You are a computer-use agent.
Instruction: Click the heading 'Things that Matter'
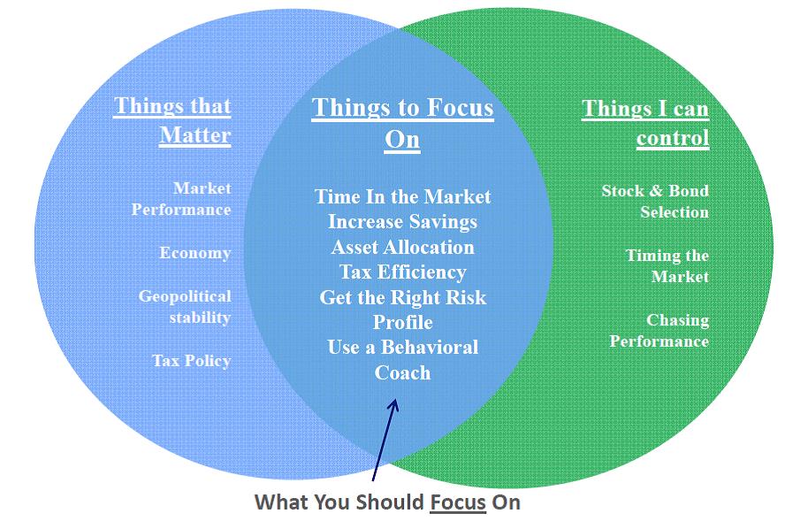(172, 120)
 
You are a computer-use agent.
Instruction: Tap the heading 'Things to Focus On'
(402, 123)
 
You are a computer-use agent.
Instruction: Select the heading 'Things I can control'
(645, 123)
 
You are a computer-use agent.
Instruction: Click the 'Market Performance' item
(181, 199)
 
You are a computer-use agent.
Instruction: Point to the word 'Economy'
(195, 253)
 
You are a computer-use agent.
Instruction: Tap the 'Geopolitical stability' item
(185, 307)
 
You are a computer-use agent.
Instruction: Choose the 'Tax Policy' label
(192, 361)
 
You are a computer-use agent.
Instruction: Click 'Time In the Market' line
(402, 196)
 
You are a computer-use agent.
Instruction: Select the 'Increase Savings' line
(402, 222)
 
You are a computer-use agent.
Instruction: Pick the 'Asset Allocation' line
(402, 247)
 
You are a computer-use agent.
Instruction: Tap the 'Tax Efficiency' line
(402, 272)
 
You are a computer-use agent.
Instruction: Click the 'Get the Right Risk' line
(402, 297)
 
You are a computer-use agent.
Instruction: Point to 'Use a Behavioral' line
(402, 347)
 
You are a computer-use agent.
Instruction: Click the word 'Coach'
(402, 372)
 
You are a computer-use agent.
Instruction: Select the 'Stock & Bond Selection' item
(655, 202)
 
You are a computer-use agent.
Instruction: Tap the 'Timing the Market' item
(667, 266)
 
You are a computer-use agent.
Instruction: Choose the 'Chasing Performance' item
(659, 331)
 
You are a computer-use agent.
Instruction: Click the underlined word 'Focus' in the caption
(458, 502)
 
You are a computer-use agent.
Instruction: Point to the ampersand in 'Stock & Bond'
(656, 191)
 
